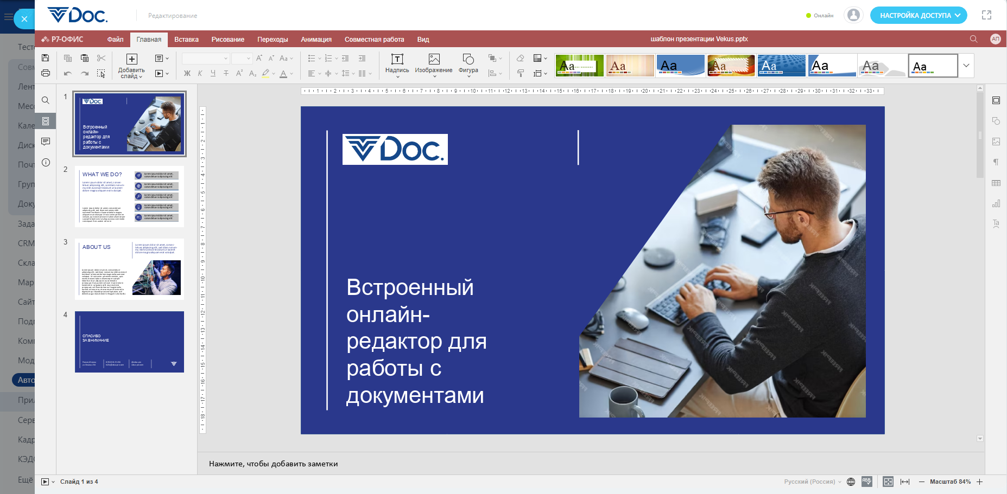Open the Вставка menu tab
[x=186, y=40]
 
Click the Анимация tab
[x=316, y=40]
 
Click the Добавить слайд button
[x=131, y=66]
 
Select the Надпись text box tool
[x=397, y=63]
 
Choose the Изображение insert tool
[x=433, y=63]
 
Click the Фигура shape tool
[x=468, y=63]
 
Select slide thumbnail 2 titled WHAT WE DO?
[x=129, y=196]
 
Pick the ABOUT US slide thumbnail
[x=129, y=269]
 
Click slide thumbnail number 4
[x=129, y=342]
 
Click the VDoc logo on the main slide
[x=395, y=149]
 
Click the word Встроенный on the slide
[x=410, y=287]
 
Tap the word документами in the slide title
[x=415, y=396]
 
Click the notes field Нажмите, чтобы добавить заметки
[x=273, y=464]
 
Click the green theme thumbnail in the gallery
[x=579, y=66]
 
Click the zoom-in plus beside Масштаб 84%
[x=979, y=482]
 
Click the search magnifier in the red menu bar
[x=973, y=39]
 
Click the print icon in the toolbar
[x=46, y=73]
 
